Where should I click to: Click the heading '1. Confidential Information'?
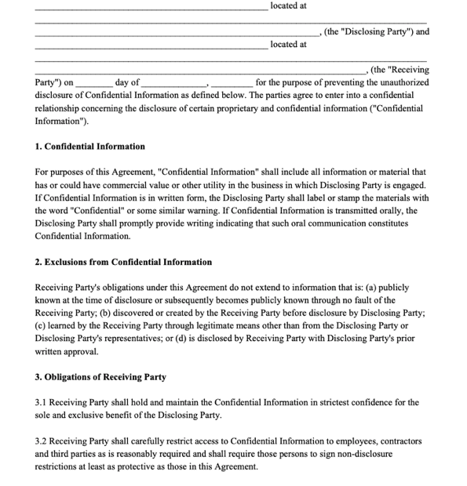[90, 147]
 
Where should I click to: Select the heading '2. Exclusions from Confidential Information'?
[123, 262]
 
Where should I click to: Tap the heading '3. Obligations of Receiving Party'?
[100, 377]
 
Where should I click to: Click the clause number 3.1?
[42, 403]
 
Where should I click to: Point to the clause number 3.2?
[42, 441]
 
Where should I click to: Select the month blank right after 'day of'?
[173, 82]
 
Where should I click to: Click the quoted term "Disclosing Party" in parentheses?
[370, 32]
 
